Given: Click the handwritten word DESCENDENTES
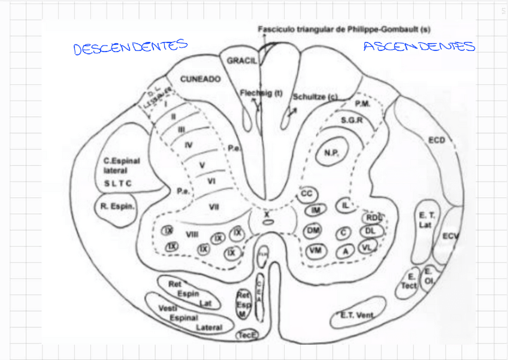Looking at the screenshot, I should pyautogui.click(x=131, y=47).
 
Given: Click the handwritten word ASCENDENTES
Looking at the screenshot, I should pyautogui.click(x=419, y=47).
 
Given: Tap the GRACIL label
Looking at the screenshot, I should pyautogui.click(x=242, y=61).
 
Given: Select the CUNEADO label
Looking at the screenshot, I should pyautogui.click(x=201, y=79).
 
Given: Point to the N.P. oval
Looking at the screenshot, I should pyautogui.click(x=332, y=153).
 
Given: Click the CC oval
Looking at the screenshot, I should pyautogui.click(x=307, y=194).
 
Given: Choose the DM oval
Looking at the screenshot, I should pyautogui.click(x=313, y=231).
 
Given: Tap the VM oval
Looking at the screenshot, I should pyautogui.click(x=315, y=250).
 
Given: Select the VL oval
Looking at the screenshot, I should pyautogui.click(x=367, y=246).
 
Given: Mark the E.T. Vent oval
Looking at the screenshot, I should pyautogui.click(x=357, y=316).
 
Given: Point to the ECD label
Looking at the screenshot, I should pyautogui.click(x=437, y=140).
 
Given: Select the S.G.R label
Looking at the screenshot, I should pyautogui.click(x=352, y=120).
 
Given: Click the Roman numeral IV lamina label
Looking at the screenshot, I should pyautogui.click(x=189, y=144).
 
